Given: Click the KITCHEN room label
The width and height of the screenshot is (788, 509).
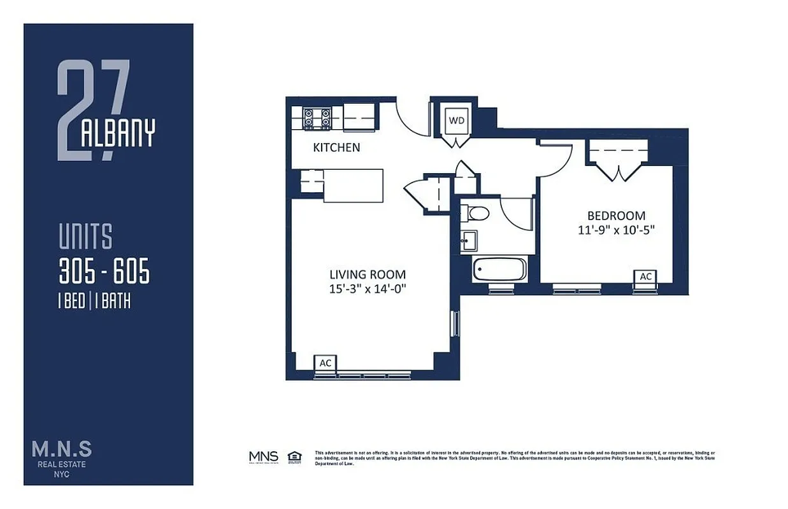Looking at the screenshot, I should (x=336, y=148).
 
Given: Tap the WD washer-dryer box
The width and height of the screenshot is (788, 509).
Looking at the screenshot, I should (x=456, y=120).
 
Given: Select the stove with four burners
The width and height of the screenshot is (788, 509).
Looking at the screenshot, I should (x=317, y=118).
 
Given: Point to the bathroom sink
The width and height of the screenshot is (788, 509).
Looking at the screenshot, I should (x=470, y=241).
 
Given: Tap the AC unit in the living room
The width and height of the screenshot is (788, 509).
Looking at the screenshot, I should (x=326, y=363).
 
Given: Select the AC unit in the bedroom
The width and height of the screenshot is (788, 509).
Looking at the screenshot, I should (x=645, y=276).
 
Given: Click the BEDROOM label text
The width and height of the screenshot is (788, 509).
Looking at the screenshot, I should (x=616, y=216).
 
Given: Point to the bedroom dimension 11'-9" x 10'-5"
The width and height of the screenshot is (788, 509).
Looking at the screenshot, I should (x=616, y=230).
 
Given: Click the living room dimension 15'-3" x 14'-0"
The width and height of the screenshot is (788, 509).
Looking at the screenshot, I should (x=367, y=289).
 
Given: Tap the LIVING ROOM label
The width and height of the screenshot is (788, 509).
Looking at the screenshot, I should (x=367, y=275).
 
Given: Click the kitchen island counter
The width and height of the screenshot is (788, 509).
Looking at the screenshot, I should (x=353, y=185).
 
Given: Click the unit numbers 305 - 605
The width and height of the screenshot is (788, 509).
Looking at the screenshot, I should (x=104, y=272).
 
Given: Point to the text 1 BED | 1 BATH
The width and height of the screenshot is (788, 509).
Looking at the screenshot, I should (x=94, y=301).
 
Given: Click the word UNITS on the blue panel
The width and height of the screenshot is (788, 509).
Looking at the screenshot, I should (x=85, y=237).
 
